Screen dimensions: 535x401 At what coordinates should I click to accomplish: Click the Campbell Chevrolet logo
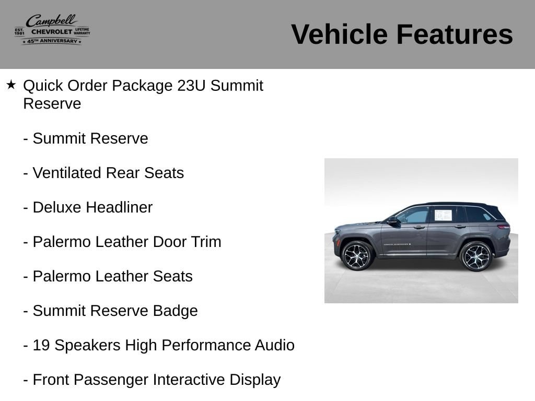[x=52, y=30]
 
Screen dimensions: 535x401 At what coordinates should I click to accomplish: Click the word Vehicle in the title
[x=340, y=34]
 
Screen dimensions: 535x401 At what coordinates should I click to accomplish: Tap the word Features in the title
[x=455, y=34]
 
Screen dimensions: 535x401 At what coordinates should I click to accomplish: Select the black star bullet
[x=11, y=85]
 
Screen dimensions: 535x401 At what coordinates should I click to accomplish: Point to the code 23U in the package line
[x=191, y=86]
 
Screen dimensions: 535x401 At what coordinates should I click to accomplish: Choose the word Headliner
[x=119, y=207]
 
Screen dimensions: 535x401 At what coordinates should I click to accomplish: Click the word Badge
[x=176, y=311]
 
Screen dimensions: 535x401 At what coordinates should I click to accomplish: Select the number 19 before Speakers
[x=41, y=345]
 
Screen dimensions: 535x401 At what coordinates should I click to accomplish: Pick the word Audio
[x=275, y=345]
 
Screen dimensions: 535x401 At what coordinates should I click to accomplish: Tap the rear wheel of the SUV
[x=476, y=256]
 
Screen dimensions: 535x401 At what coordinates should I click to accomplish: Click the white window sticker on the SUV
[x=443, y=216]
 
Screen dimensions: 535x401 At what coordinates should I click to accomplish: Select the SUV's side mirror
[x=393, y=221]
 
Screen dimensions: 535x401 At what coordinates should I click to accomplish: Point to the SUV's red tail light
[x=504, y=227]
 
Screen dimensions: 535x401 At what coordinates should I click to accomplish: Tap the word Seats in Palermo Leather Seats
[x=172, y=276]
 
